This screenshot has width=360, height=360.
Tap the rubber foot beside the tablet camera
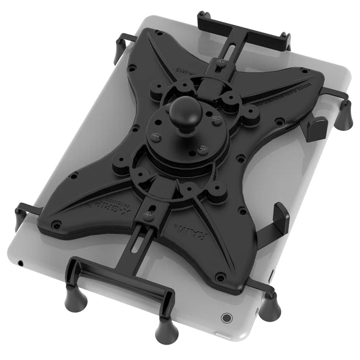coord(270,308)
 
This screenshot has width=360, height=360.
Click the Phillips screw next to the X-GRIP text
coord(149,216)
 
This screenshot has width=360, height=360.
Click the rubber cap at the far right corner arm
coord(344,116)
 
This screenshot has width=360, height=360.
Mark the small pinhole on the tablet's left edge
coord(21,262)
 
